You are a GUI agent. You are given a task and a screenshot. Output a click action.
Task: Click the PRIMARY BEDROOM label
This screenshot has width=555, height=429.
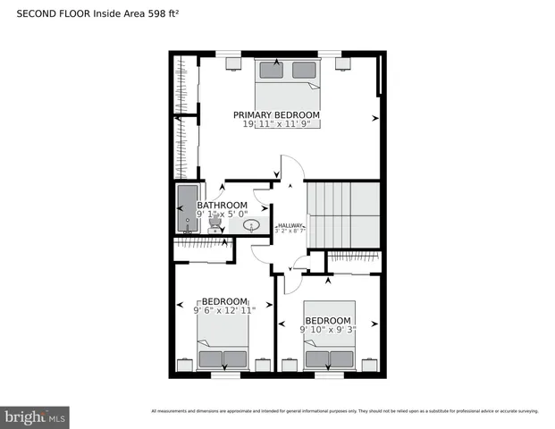point(276,115)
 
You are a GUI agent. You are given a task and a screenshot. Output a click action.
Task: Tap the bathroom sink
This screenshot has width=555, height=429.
point(252,225)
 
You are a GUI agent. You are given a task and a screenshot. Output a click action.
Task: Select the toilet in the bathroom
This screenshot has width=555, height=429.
point(214,226)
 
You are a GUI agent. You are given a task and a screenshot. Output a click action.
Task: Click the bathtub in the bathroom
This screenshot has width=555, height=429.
point(188,208)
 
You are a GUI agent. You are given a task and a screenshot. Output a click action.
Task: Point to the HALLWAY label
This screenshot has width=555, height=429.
point(290,225)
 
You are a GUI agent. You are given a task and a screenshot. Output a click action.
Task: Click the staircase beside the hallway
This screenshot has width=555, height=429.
point(344,214)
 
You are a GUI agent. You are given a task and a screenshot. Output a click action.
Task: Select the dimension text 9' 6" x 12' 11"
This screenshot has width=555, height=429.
point(224,310)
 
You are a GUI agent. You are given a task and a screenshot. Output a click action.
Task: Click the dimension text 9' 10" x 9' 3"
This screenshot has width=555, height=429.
point(329,330)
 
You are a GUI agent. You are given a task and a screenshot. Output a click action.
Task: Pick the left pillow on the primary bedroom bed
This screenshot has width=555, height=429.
point(269,69)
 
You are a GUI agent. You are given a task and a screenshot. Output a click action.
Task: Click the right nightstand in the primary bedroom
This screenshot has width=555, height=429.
point(342,63)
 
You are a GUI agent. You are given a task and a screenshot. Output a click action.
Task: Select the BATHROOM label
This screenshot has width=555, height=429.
point(222,205)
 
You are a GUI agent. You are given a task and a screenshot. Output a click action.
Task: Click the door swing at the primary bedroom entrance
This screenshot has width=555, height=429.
point(290,169)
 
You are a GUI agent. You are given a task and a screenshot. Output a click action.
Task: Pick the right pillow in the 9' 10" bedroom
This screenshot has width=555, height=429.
point(341,359)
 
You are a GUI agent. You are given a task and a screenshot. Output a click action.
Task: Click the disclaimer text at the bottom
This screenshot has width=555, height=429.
point(344,411)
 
